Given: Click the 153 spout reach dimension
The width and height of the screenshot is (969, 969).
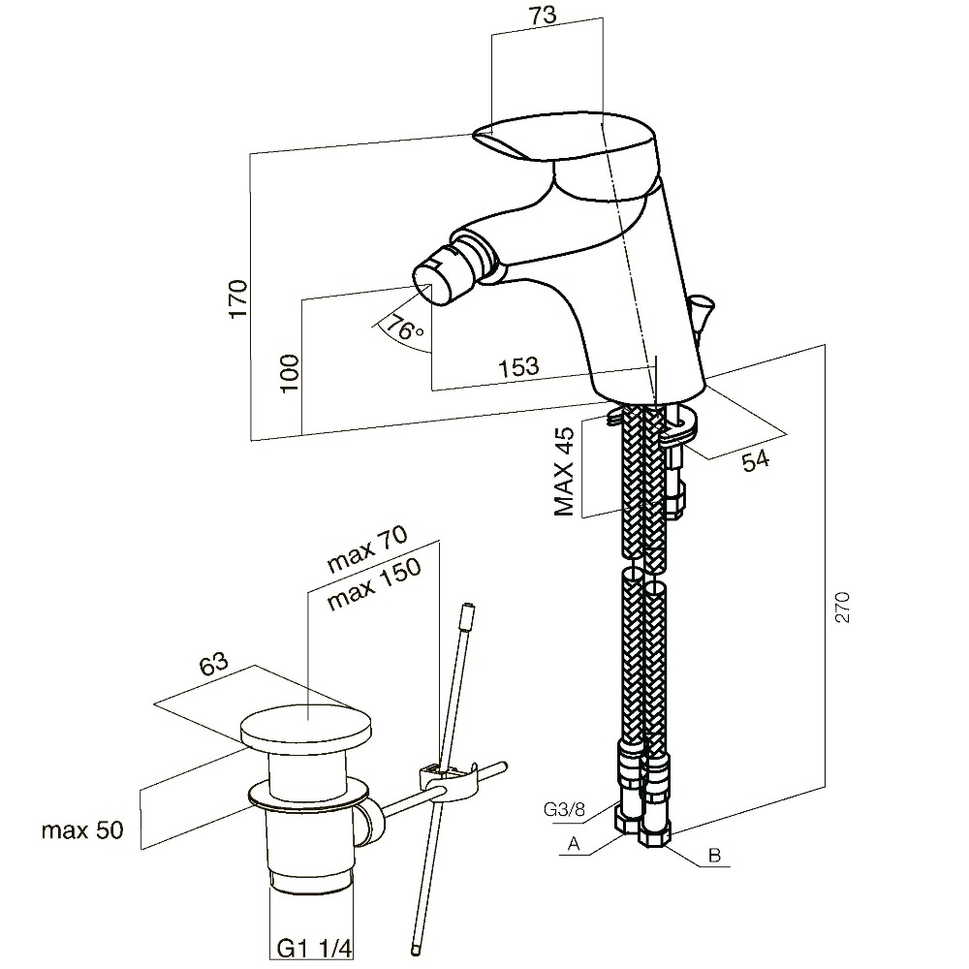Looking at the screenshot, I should (x=518, y=367).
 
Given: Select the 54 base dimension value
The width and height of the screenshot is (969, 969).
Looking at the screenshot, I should (x=755, y=460).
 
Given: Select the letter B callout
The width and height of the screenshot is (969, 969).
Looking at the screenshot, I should (x=715, y=856).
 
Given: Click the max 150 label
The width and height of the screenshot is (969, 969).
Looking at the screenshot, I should (x=374, y=585).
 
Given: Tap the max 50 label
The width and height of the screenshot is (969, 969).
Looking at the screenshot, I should (x=82, y=830).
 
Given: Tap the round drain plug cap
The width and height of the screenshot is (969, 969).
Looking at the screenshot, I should (x=308, y=729).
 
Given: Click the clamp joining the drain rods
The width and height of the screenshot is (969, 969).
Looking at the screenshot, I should (x=446, y=779).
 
